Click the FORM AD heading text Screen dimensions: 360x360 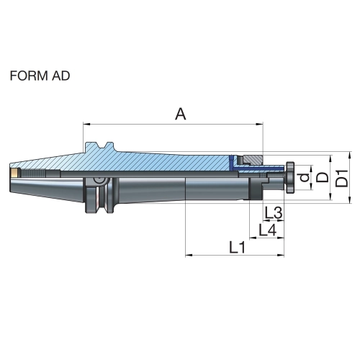40,76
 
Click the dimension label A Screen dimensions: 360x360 181,114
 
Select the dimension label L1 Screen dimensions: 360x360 238,248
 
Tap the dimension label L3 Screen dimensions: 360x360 273,213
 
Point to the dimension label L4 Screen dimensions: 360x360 268,230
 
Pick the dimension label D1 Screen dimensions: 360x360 341,178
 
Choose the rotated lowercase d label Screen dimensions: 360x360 305,177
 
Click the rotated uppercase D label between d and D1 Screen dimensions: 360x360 322,177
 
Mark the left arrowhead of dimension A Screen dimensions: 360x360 86,125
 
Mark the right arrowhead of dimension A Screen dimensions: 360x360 260,125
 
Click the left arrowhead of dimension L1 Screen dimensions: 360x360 189,255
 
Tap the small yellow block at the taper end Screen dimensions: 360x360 14,173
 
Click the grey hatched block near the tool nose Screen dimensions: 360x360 253,160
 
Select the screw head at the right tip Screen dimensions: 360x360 289,177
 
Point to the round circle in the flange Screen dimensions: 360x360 99,180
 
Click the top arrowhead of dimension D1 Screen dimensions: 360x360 350,155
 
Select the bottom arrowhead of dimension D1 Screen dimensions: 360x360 350,199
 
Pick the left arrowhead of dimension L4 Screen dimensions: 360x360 253,238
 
